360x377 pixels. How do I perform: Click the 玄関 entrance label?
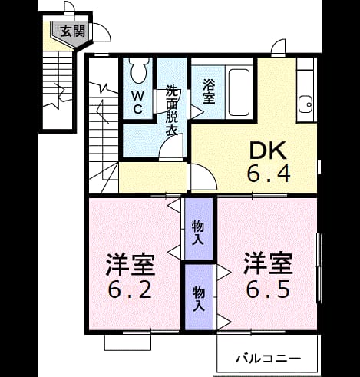(72, 31)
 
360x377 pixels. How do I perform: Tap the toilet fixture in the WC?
(139, 70)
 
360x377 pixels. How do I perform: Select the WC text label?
(137, 103)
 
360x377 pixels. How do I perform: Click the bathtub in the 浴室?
(239, 92)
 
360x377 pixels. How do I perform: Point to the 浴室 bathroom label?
(209, 91)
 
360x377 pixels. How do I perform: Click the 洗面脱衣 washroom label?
(171, 110)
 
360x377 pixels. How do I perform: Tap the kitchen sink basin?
(306, 104)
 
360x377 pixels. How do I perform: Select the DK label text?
(268, 150)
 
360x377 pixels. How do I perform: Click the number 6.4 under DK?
(269, 174)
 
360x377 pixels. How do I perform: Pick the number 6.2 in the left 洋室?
(130, 289)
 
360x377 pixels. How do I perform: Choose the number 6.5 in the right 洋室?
(268, 289)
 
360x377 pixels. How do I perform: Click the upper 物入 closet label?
(198, 233)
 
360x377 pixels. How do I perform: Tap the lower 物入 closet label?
(199, 299)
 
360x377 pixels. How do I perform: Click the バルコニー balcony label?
(268, 359)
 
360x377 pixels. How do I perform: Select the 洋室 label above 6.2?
(130, 264)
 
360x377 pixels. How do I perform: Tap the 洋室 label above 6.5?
(268, 264)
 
